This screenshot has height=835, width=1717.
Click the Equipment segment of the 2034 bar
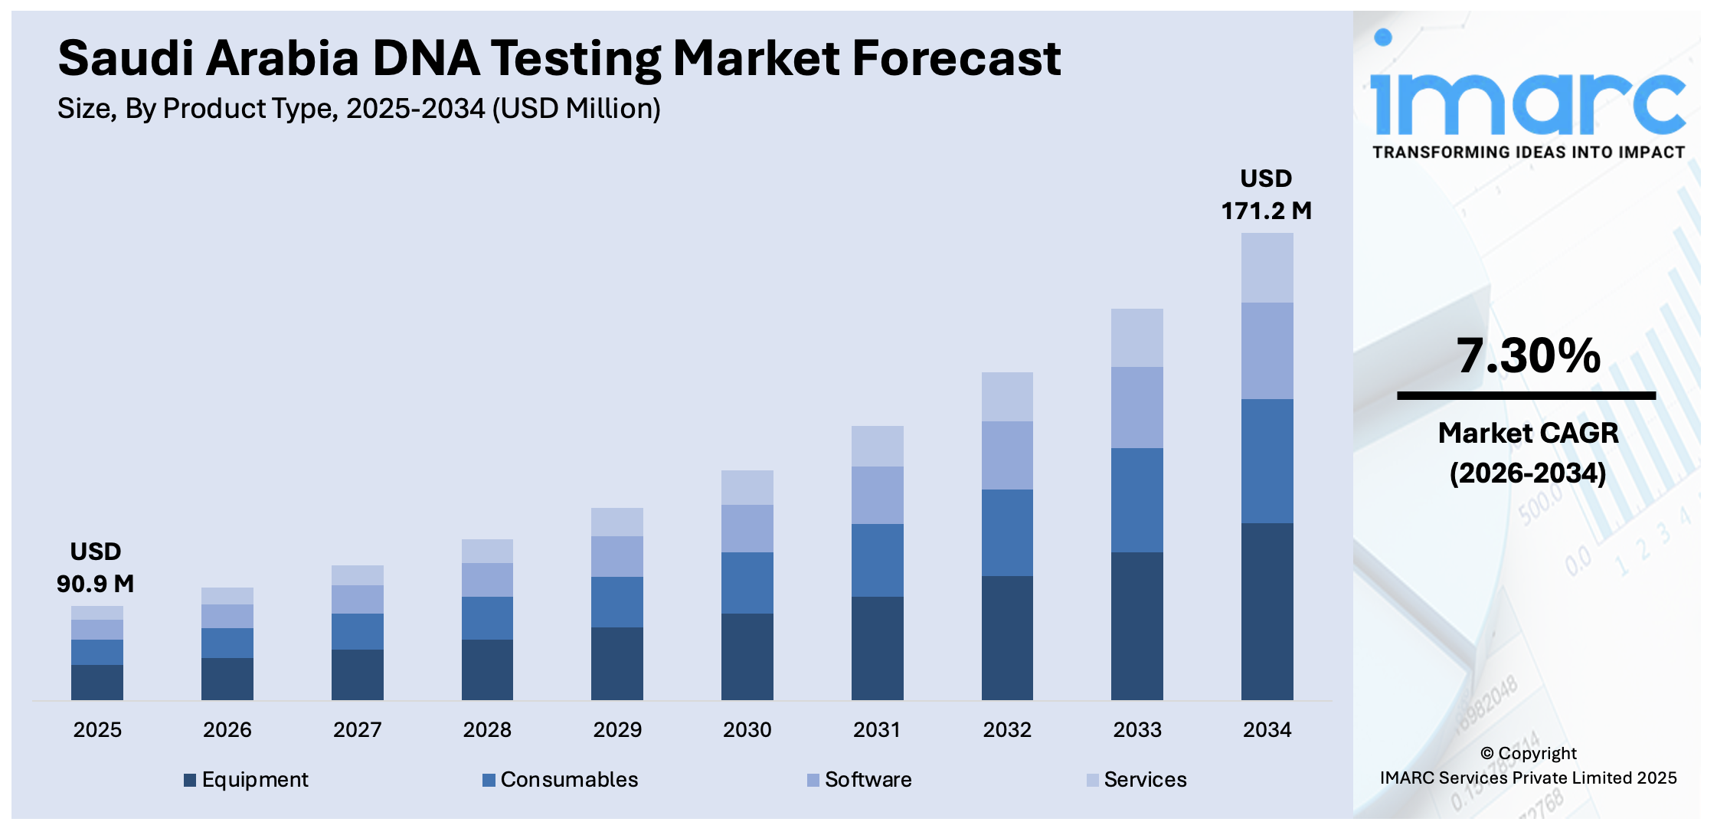(x=1267, y=611)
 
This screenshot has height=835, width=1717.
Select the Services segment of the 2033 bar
(x=1136, y=338)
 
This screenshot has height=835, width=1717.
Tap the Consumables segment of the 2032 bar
(x=1006, y=532)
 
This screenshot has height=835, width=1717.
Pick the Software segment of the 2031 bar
(x=877, y=495)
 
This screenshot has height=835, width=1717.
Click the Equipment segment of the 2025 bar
(x=97, y=682)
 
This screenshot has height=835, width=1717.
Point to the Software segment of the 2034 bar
(x=1267, y=351)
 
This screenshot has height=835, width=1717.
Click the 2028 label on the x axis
(x=487, y=729)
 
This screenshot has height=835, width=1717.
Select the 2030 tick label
(x=747, y=729)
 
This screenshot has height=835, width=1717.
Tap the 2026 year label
(x=227, y=729)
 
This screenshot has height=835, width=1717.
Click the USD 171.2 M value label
(x=1266, y=195)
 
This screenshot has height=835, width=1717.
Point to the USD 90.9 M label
(x=96, y=568)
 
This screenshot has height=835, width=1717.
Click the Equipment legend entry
(x=247, y=780)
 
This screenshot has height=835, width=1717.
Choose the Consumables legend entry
(x=561, y=780)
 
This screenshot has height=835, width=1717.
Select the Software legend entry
(x=859, y=780)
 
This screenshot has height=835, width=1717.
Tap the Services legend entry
(x=1136, y=780)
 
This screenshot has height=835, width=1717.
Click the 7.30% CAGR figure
(x=1528, y=356)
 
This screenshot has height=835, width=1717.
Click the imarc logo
(x=1528, y=96)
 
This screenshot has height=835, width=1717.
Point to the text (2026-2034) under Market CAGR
(x=1528, y=473)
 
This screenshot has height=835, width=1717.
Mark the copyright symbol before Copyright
(x=1486, y=754)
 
